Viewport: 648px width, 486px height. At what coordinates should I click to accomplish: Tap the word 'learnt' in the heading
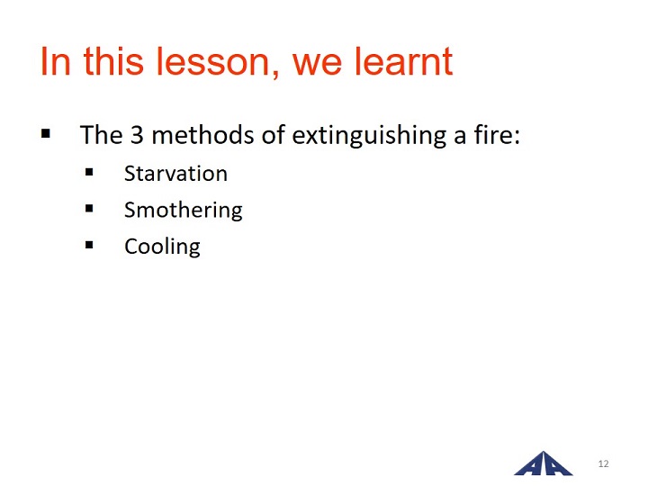coord(404,61)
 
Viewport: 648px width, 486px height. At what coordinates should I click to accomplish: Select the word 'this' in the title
coord(113,61)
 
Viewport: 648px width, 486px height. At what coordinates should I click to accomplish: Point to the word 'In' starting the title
coord(56,61)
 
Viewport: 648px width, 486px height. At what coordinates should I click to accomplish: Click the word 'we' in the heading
coord(317,66)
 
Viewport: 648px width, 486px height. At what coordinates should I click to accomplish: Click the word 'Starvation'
coord(176,173)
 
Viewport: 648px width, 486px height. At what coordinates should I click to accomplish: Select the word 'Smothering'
coord(184,210)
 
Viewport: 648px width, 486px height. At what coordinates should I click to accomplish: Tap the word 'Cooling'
coord(162,247)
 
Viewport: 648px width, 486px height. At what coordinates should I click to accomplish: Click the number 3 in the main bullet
coord(137,135)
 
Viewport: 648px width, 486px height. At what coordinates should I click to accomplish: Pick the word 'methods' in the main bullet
coord(202,135)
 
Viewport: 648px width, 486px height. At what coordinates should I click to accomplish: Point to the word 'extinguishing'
coord(370,136)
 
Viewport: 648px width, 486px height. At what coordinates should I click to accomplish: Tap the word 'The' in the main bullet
coord(101,135)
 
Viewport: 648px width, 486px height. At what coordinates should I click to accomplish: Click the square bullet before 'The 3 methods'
coord(46,133)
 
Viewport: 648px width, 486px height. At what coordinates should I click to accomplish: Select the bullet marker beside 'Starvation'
coord(89,172)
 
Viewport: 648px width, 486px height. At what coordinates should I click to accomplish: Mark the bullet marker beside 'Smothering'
coord(89,208)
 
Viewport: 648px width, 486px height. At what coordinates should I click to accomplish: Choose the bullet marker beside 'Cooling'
coord(89,245)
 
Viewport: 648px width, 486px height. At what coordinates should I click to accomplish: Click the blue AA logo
coord(544,463)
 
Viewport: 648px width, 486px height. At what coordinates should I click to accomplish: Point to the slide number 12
coord(603,463)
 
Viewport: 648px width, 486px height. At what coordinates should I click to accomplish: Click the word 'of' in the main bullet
coord(274,135)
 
